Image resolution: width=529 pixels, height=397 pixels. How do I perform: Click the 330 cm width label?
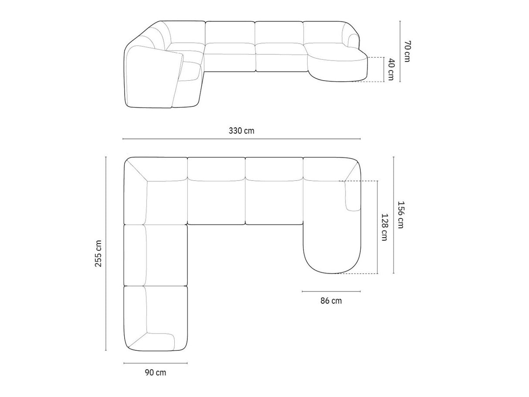click(x=241, y=131)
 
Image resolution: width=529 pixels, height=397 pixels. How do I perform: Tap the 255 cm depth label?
click(x=98, y=253)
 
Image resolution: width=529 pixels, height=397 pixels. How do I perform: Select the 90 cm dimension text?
click(x=156, y=373)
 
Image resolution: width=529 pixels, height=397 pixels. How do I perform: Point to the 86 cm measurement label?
click(x=331, y=301)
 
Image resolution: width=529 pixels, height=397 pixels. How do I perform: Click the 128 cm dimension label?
click(x=384, y=227)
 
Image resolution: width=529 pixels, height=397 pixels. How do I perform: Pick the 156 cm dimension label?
click(x=400, y=215)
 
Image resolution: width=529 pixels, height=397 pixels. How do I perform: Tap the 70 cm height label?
click(x=407, y=51)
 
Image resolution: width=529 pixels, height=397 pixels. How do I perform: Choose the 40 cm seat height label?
click(x=391, y=69)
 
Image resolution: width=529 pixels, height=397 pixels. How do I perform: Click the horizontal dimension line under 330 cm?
click(x=241, y=139)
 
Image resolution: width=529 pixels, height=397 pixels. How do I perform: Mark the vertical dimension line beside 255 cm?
click(x=106, y=254)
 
